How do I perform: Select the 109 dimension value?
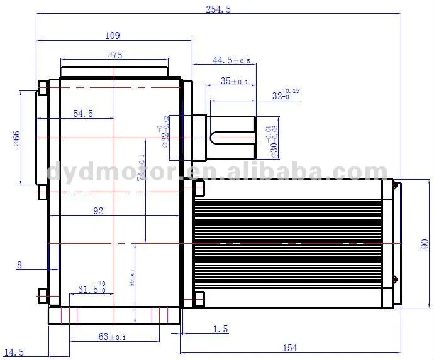(x=113, y=36)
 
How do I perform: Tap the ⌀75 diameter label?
(x=114, y=55)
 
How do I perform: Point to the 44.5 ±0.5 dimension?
(x=231, y=60)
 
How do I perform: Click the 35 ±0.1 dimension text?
(x=235, y=81)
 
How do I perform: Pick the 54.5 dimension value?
(x=83, y=114)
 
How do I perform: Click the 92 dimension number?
(x=98, y=211)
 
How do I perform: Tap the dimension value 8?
(x=19, y=265)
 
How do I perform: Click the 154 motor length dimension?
(x=289, y=347)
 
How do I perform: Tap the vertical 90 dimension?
(x=424, y=243)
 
